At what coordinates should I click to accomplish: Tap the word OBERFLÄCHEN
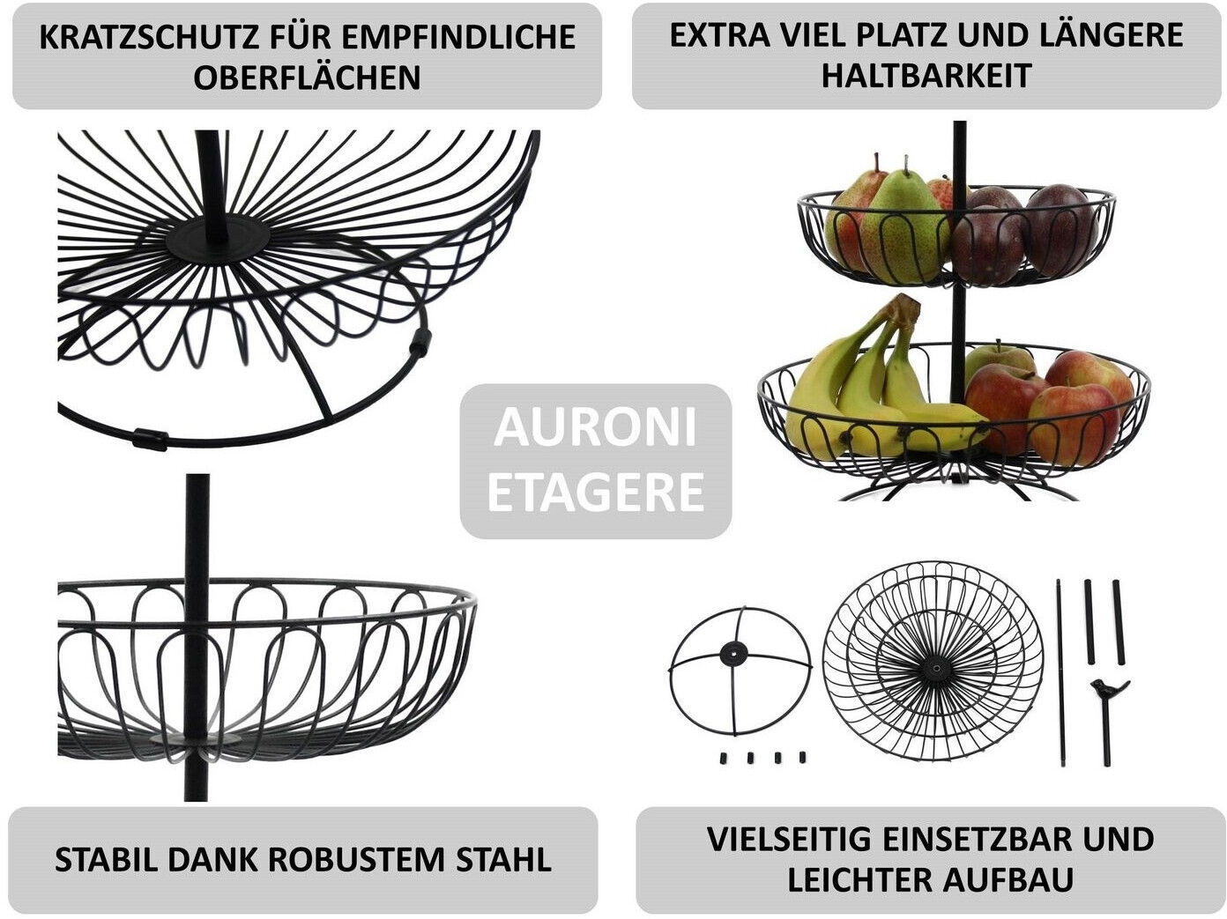307,78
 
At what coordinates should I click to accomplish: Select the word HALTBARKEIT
926,76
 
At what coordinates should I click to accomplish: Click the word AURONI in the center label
595,427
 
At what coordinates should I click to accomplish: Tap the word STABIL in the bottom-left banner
105,859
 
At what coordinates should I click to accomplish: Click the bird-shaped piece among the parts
1107,688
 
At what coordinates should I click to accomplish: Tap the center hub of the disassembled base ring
733,654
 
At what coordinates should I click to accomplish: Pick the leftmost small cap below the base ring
724,758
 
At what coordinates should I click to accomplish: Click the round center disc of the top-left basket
218,237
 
